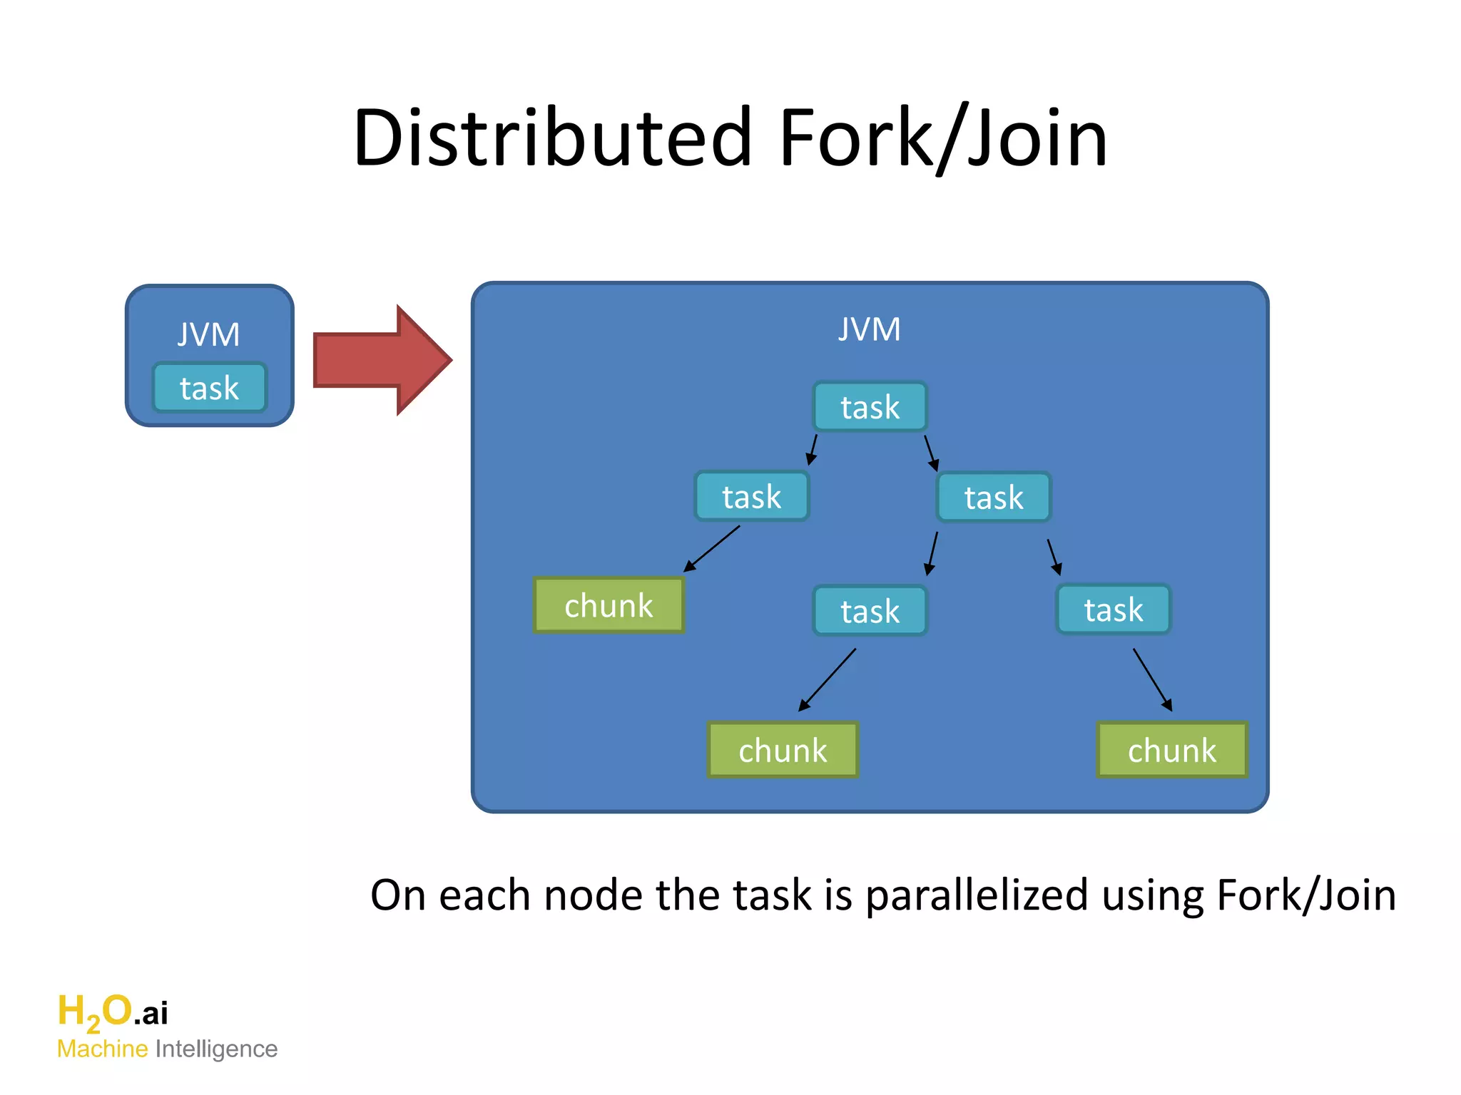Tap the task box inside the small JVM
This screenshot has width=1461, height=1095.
[209, 388]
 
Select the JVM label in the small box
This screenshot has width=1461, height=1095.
[208, 334]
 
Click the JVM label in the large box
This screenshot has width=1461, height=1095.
[869, 329]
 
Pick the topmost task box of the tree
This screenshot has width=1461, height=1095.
[870, 407]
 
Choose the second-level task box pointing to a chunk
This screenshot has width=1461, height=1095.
[751, 497]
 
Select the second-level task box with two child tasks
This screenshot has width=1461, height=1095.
[994, 498]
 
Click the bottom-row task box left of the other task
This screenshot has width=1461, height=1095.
[870, 611]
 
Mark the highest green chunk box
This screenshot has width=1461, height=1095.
[609, 605]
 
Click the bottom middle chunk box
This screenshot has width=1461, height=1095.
[783, 750]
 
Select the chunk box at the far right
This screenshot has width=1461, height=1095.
[1171, 750]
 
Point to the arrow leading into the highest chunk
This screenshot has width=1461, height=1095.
[711, 549]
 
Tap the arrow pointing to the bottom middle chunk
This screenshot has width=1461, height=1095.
[827, 680]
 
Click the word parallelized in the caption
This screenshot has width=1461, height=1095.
[976, 895]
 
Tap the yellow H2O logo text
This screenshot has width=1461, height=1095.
[95, 1012]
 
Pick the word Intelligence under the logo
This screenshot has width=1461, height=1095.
[216, 1049]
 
